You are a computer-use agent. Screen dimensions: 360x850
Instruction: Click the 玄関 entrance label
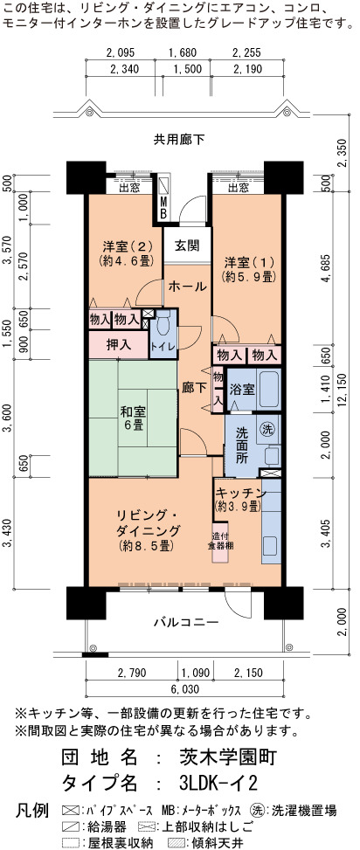[x=186, y=245]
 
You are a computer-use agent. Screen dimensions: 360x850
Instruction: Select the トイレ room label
[x=163, y=346]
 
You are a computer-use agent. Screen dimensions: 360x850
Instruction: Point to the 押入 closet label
[x=119, y=344]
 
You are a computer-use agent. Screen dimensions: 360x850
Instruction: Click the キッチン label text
[x=240, y=493]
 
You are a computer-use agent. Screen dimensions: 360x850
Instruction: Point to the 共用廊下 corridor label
[x=179, y=140]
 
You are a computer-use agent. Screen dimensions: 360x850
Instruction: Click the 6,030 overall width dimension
[x=185, y=689]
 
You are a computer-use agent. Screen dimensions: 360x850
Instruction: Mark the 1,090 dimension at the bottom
[x=196, y=673]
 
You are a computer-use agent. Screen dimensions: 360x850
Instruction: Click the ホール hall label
[x=186, y=286]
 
